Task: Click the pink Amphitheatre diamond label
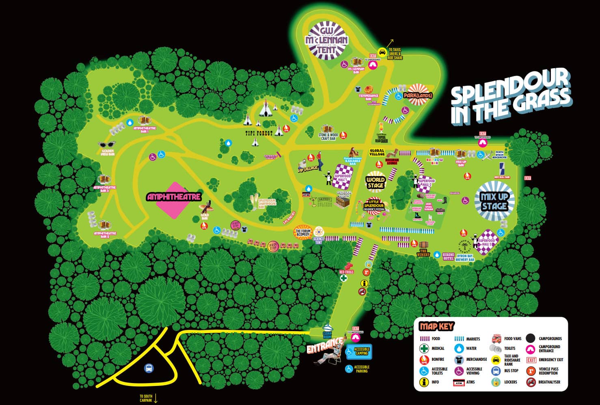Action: click(x=174, y=197)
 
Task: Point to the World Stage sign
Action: click(x=375, y=183)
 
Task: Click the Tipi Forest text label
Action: click(x=259, y=133)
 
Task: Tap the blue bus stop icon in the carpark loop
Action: click(x=149, y=368)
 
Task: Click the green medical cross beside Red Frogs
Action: click(x=343, y=278)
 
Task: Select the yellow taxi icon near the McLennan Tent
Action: click(x=382, y=52)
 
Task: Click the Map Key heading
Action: click(x=436, y=326)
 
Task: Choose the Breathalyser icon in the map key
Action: click(x=531, y=382)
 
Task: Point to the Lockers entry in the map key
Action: click(x=510, y=382)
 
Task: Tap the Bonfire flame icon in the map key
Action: click(x=424, y=359)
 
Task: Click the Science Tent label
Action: click(x=319, y=240)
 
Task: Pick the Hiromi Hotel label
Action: click(x=448, y=256)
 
